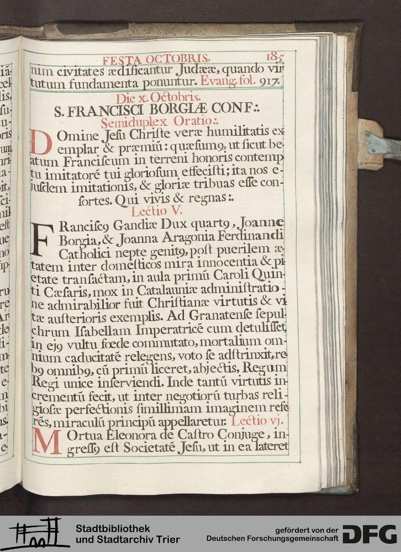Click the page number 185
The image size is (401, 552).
(275, 57)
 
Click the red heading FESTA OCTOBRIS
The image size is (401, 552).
(156, 59)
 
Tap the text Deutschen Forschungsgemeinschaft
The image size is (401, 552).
(274, 538)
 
